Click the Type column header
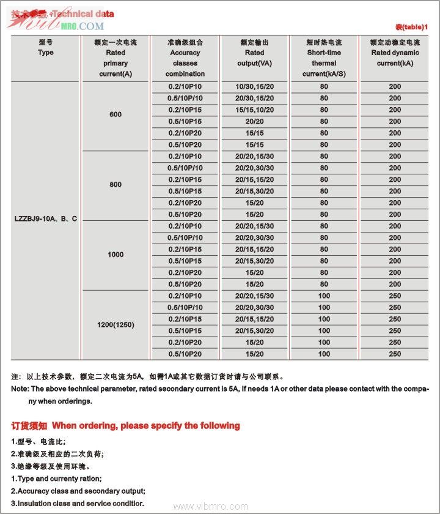[x=46, y=53]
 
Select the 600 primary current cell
[x=116, y=115]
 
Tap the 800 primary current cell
[x=116, y=185]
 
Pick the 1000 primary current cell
[x=116, y=255]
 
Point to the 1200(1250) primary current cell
[x=116, y=324]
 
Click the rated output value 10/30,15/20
[x=255, y=86]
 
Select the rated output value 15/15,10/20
[x=255, y=110]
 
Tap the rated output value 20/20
[x=255, y=121]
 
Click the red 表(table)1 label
[x=411, y=28]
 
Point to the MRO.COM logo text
[x=82, y=26]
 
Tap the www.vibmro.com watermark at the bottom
[x=211, y=507]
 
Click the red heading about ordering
[x=125, y=426]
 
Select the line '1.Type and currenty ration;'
[x=56, y=479]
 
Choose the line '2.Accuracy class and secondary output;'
[x=78, y=491]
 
